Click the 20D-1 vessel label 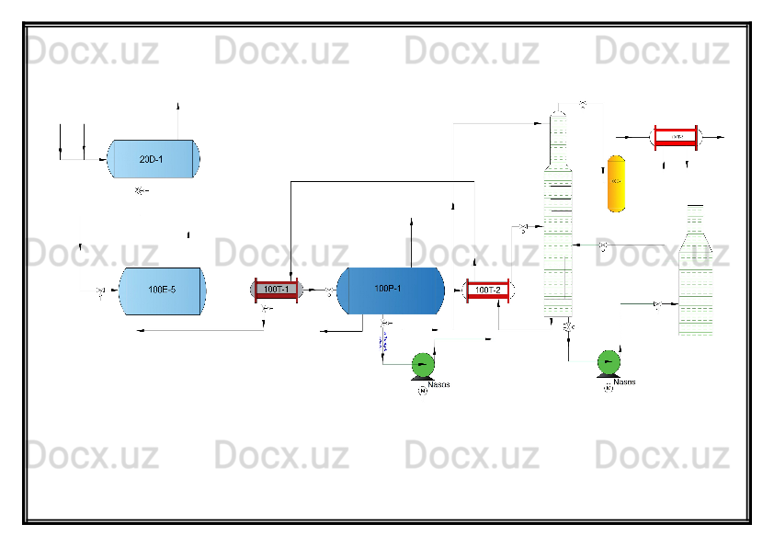click(x=151, y=159)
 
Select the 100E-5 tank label click(x=162, y=290)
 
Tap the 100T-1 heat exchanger click(x=277, y=290)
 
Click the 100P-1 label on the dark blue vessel click(x=388, y=289)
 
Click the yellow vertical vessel click(x=616, y=183)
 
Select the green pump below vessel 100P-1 click(x=423, y=364)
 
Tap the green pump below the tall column click(x=608, y=361)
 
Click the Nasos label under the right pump click(x=625, y=382)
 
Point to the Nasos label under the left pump click(x=439, y=384)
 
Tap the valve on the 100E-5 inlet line click(x=100, y=293)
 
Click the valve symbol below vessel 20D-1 click(x=140, y=191)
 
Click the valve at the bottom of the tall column click(x=568, y=327)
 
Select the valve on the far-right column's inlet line click(x=657, y=303)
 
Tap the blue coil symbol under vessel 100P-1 click(x=383, y=343)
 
